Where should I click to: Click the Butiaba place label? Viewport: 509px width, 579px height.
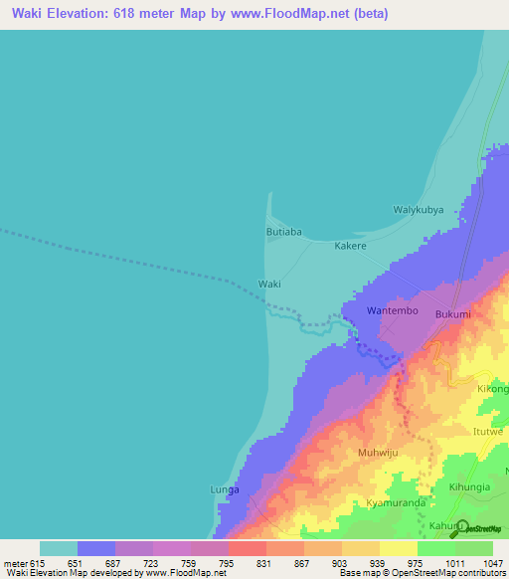tap(283, 232)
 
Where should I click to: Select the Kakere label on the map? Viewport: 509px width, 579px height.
tap(350, 246)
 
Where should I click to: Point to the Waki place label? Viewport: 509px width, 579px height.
tap(269, 284)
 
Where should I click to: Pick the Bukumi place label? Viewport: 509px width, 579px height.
tap(452, 314)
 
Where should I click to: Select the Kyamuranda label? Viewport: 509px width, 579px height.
tap(394, 503)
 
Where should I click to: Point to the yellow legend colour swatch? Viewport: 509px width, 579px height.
tap(398, 548)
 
